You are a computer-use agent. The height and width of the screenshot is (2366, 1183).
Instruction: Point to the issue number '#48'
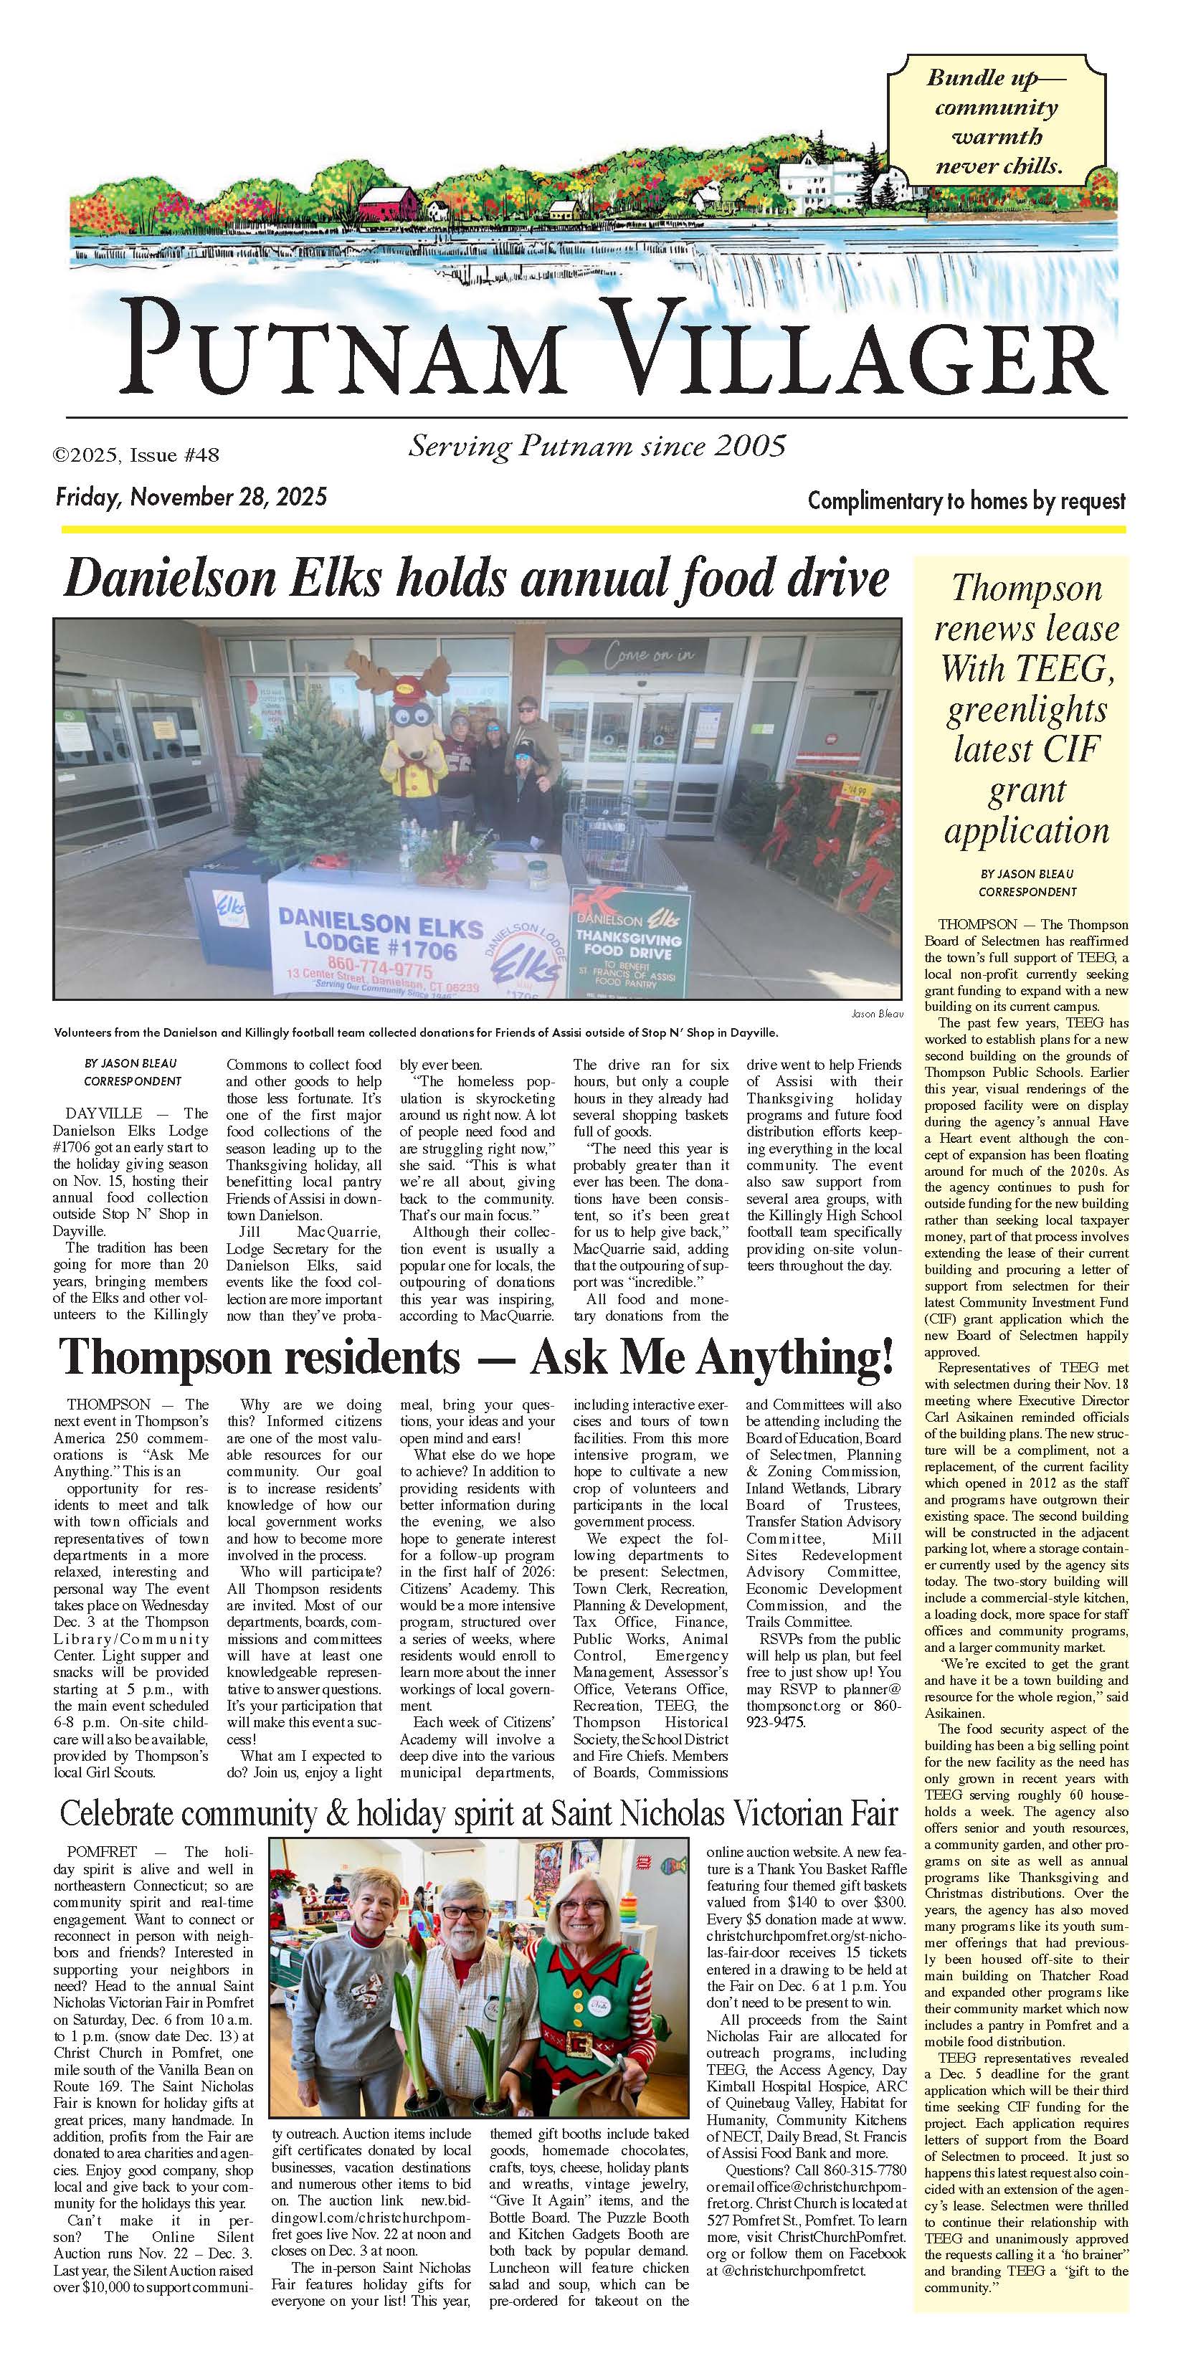[x=200, y=455]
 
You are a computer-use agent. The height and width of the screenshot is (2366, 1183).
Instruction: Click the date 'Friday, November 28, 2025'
[x=191, y=498]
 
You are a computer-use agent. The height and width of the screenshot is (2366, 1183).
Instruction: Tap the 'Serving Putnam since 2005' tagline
[x=597, y=447]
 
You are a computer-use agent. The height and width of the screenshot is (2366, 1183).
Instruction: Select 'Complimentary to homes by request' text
[x=966, y=501]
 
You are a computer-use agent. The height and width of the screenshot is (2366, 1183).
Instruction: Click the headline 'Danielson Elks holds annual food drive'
[x=477, y=579]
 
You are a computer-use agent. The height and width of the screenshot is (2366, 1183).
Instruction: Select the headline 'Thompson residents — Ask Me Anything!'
[x=477, y=1357]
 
